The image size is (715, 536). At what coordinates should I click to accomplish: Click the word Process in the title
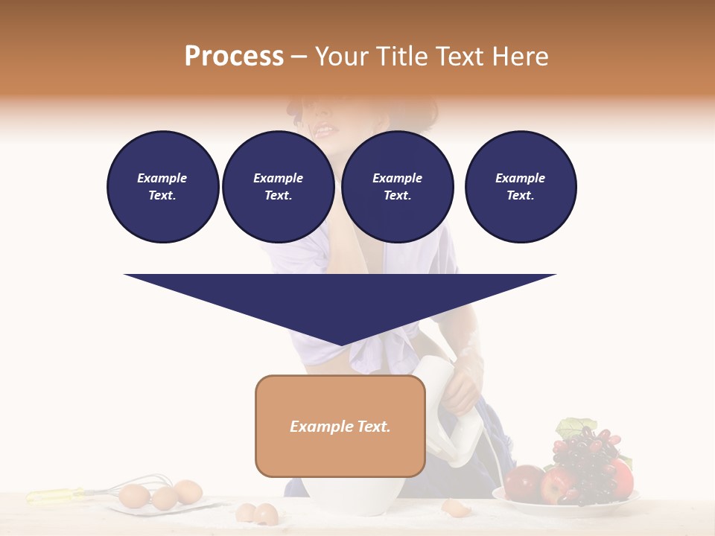pos(234,57)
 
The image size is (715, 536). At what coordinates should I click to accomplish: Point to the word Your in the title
pos(342,57)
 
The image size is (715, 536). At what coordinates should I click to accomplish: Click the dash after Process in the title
pos(299,57)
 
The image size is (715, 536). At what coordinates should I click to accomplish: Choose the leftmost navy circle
pos(162,187)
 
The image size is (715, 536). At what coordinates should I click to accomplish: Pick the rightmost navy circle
pos(521,187)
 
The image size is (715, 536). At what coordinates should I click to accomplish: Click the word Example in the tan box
pos(314,427)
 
